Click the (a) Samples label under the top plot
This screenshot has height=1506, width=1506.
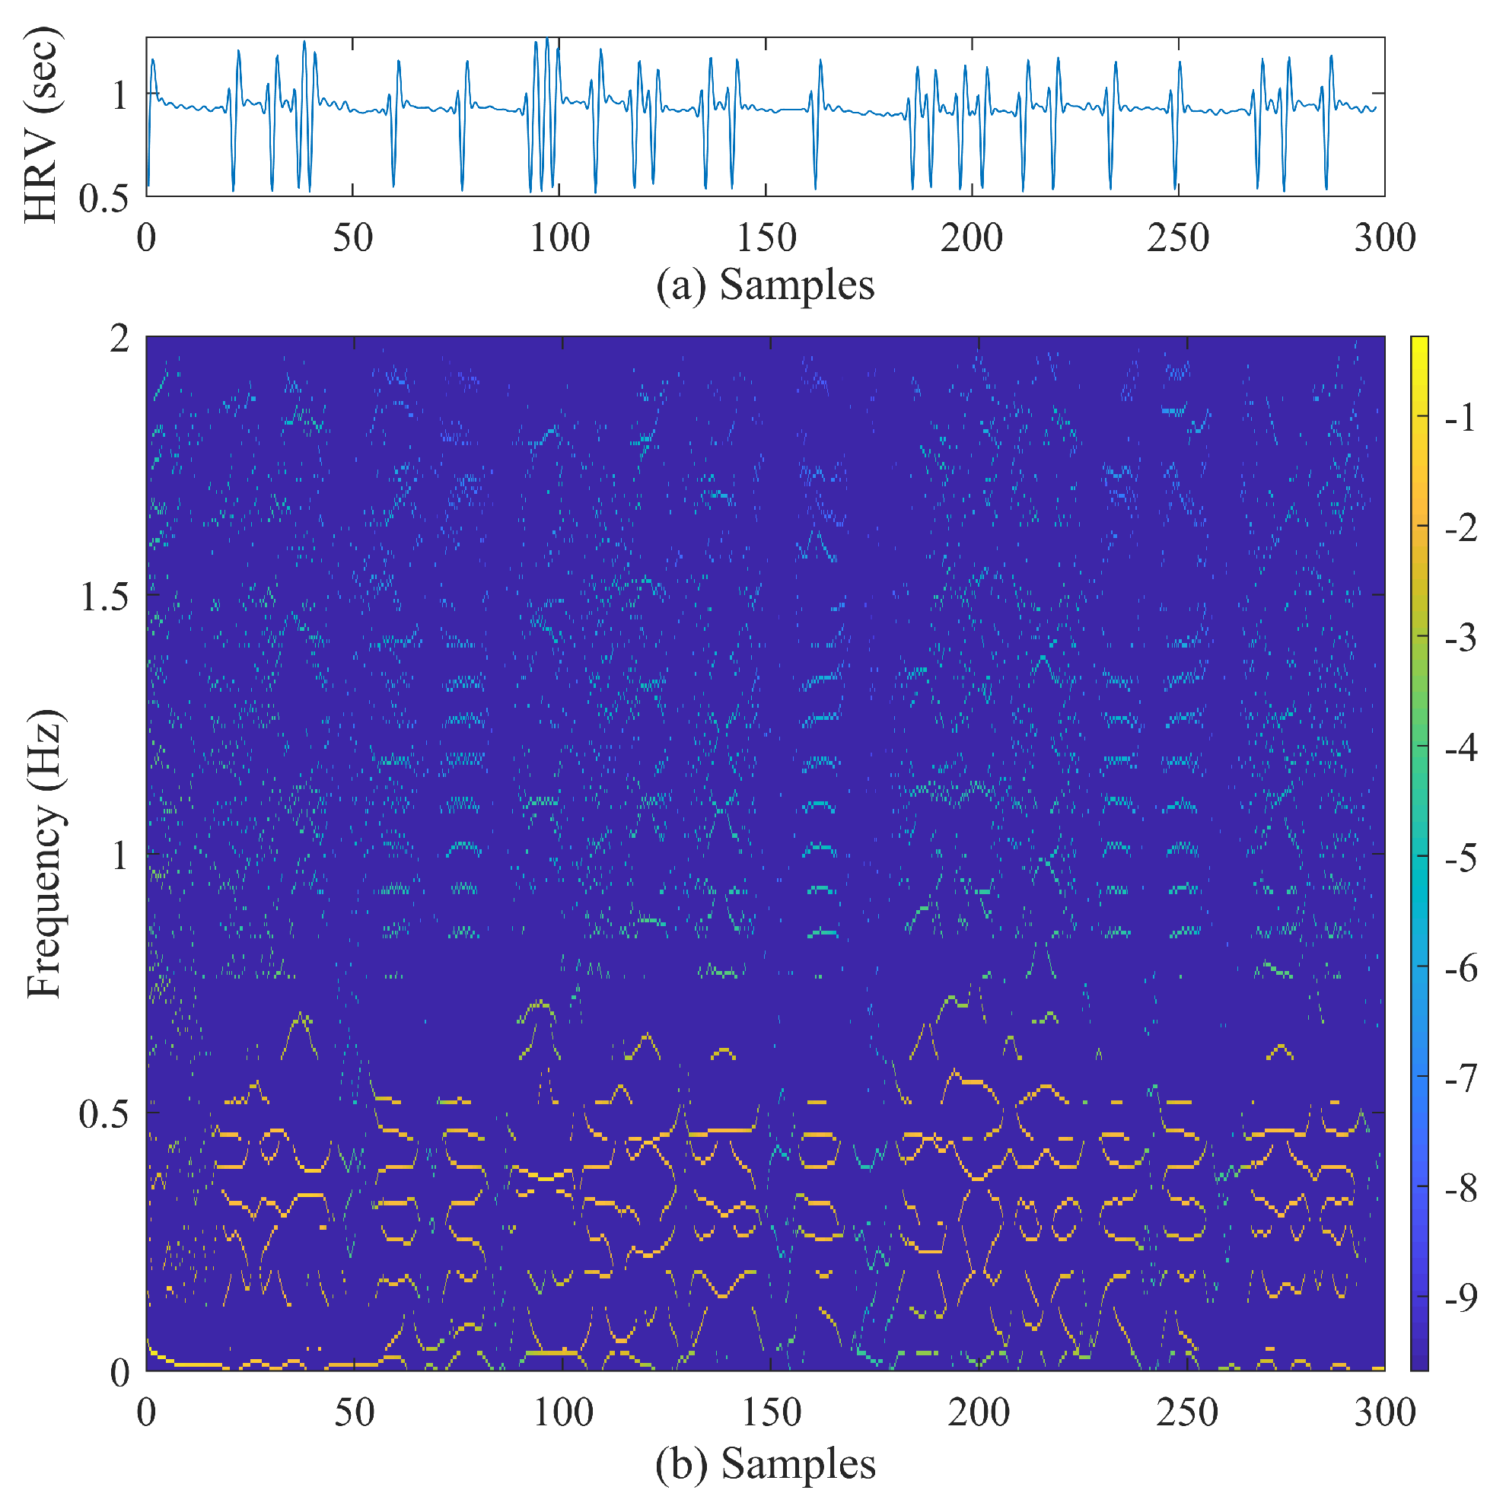pyautogui.click(x=765, y=285)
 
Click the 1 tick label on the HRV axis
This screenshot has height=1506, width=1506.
pyautogui.click(x=119, y=97)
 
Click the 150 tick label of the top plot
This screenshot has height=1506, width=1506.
pyautogui.click(x=766, y=237)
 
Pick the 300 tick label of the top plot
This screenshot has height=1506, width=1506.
pyautogui.click(x=1384, y=237)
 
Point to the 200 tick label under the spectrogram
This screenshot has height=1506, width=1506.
pyautogui.click(x=979, y=1413)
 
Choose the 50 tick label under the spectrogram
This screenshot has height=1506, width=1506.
pyautogui.click(x=354, y=1413)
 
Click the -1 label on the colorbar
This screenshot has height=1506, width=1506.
pyautogui.click(x=1460, y=419)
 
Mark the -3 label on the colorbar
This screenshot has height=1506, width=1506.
pyautogui.click(x=1460, y=638)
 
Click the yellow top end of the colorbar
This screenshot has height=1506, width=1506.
pyautogui.click(x=1419, y=342)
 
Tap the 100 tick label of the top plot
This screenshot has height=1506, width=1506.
pyautogui.click(x=559, y=237)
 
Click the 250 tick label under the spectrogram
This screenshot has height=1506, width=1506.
pyautogui.click(x=1186, y=1413)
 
